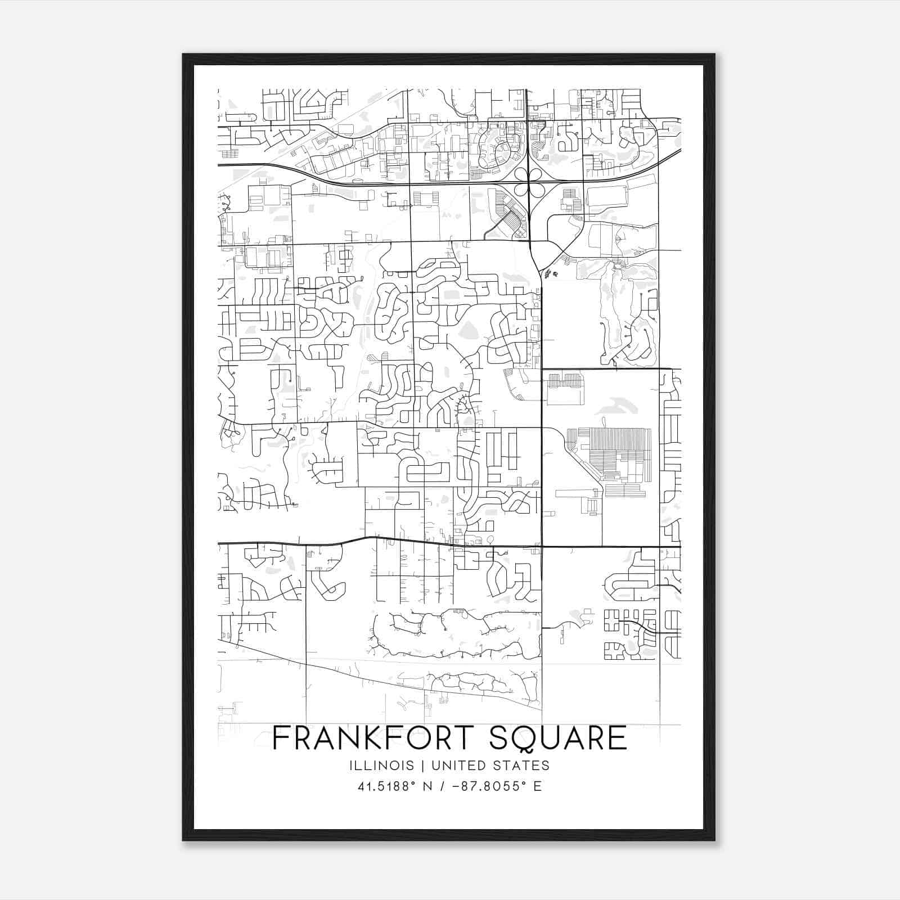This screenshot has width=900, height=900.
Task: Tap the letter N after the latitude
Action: pyautogui.click(x=427, y=786)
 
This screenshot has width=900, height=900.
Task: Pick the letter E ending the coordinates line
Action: pyautogui.click(x=538, y=786)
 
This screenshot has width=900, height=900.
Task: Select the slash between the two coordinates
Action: pyautogui.click(x=444, y=786)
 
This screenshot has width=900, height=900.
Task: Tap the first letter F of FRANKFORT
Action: pyautogui.click(x=280, y=738)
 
